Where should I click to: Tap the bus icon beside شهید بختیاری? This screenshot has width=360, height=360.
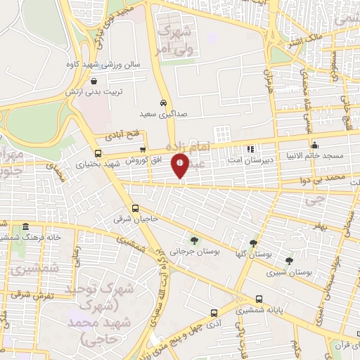(97, 153)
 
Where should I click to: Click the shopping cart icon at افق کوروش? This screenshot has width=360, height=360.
(143, 149)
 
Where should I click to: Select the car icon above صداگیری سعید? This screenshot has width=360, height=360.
(162, 101)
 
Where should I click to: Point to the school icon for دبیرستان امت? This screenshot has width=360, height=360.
(250, 149)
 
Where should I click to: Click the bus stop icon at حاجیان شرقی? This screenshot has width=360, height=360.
(136, 208)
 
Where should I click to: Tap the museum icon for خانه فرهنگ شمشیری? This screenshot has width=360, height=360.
(25, 226)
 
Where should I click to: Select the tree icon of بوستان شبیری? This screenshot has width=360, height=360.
(289, 260)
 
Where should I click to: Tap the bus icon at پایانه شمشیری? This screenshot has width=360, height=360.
(260, 298)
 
